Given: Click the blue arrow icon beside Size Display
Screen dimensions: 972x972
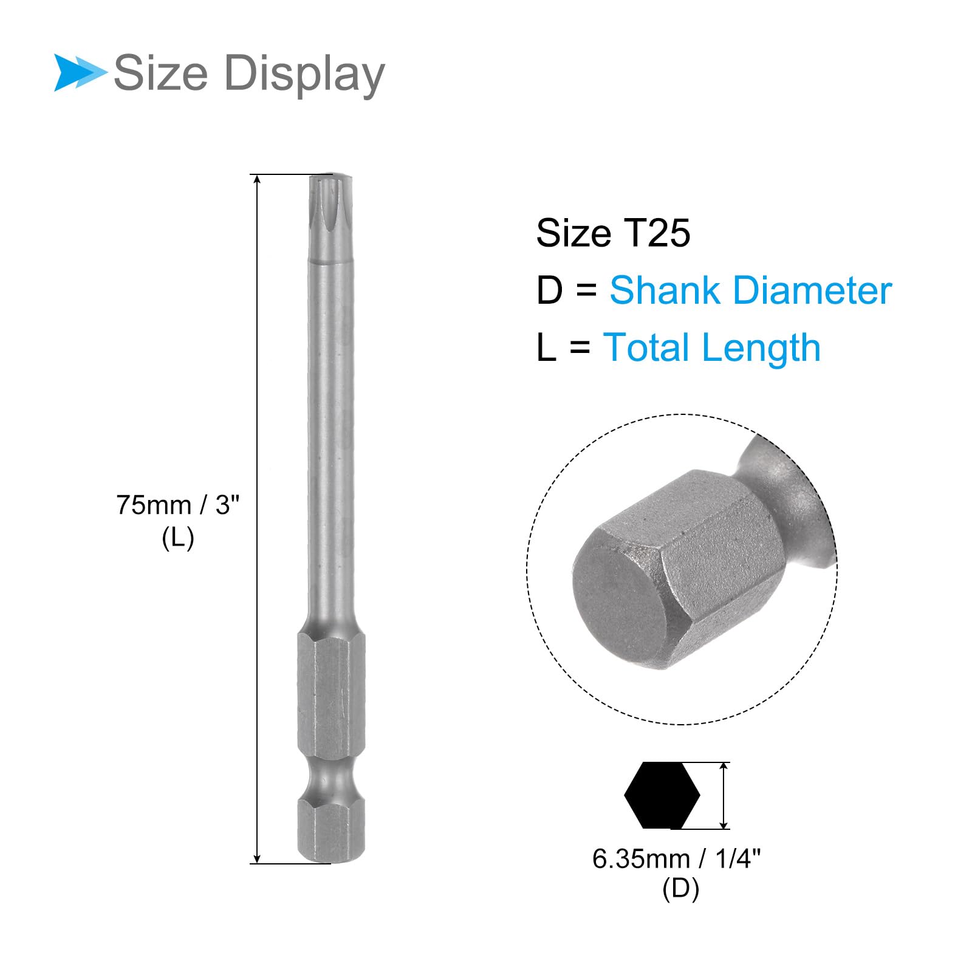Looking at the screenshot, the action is [79, 73].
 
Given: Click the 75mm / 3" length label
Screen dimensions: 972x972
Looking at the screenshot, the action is [178, 505].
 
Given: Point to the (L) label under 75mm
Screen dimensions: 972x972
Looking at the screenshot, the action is [178, 538].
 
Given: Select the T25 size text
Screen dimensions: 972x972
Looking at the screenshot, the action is [657, 233].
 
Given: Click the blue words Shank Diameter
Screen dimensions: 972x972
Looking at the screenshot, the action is [751, 290].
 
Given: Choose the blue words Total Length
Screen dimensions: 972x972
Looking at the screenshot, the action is [711, 347].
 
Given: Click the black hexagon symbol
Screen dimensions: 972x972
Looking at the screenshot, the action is [662, 795].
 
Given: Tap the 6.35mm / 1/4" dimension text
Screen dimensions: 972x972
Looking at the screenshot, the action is [676, 859].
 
